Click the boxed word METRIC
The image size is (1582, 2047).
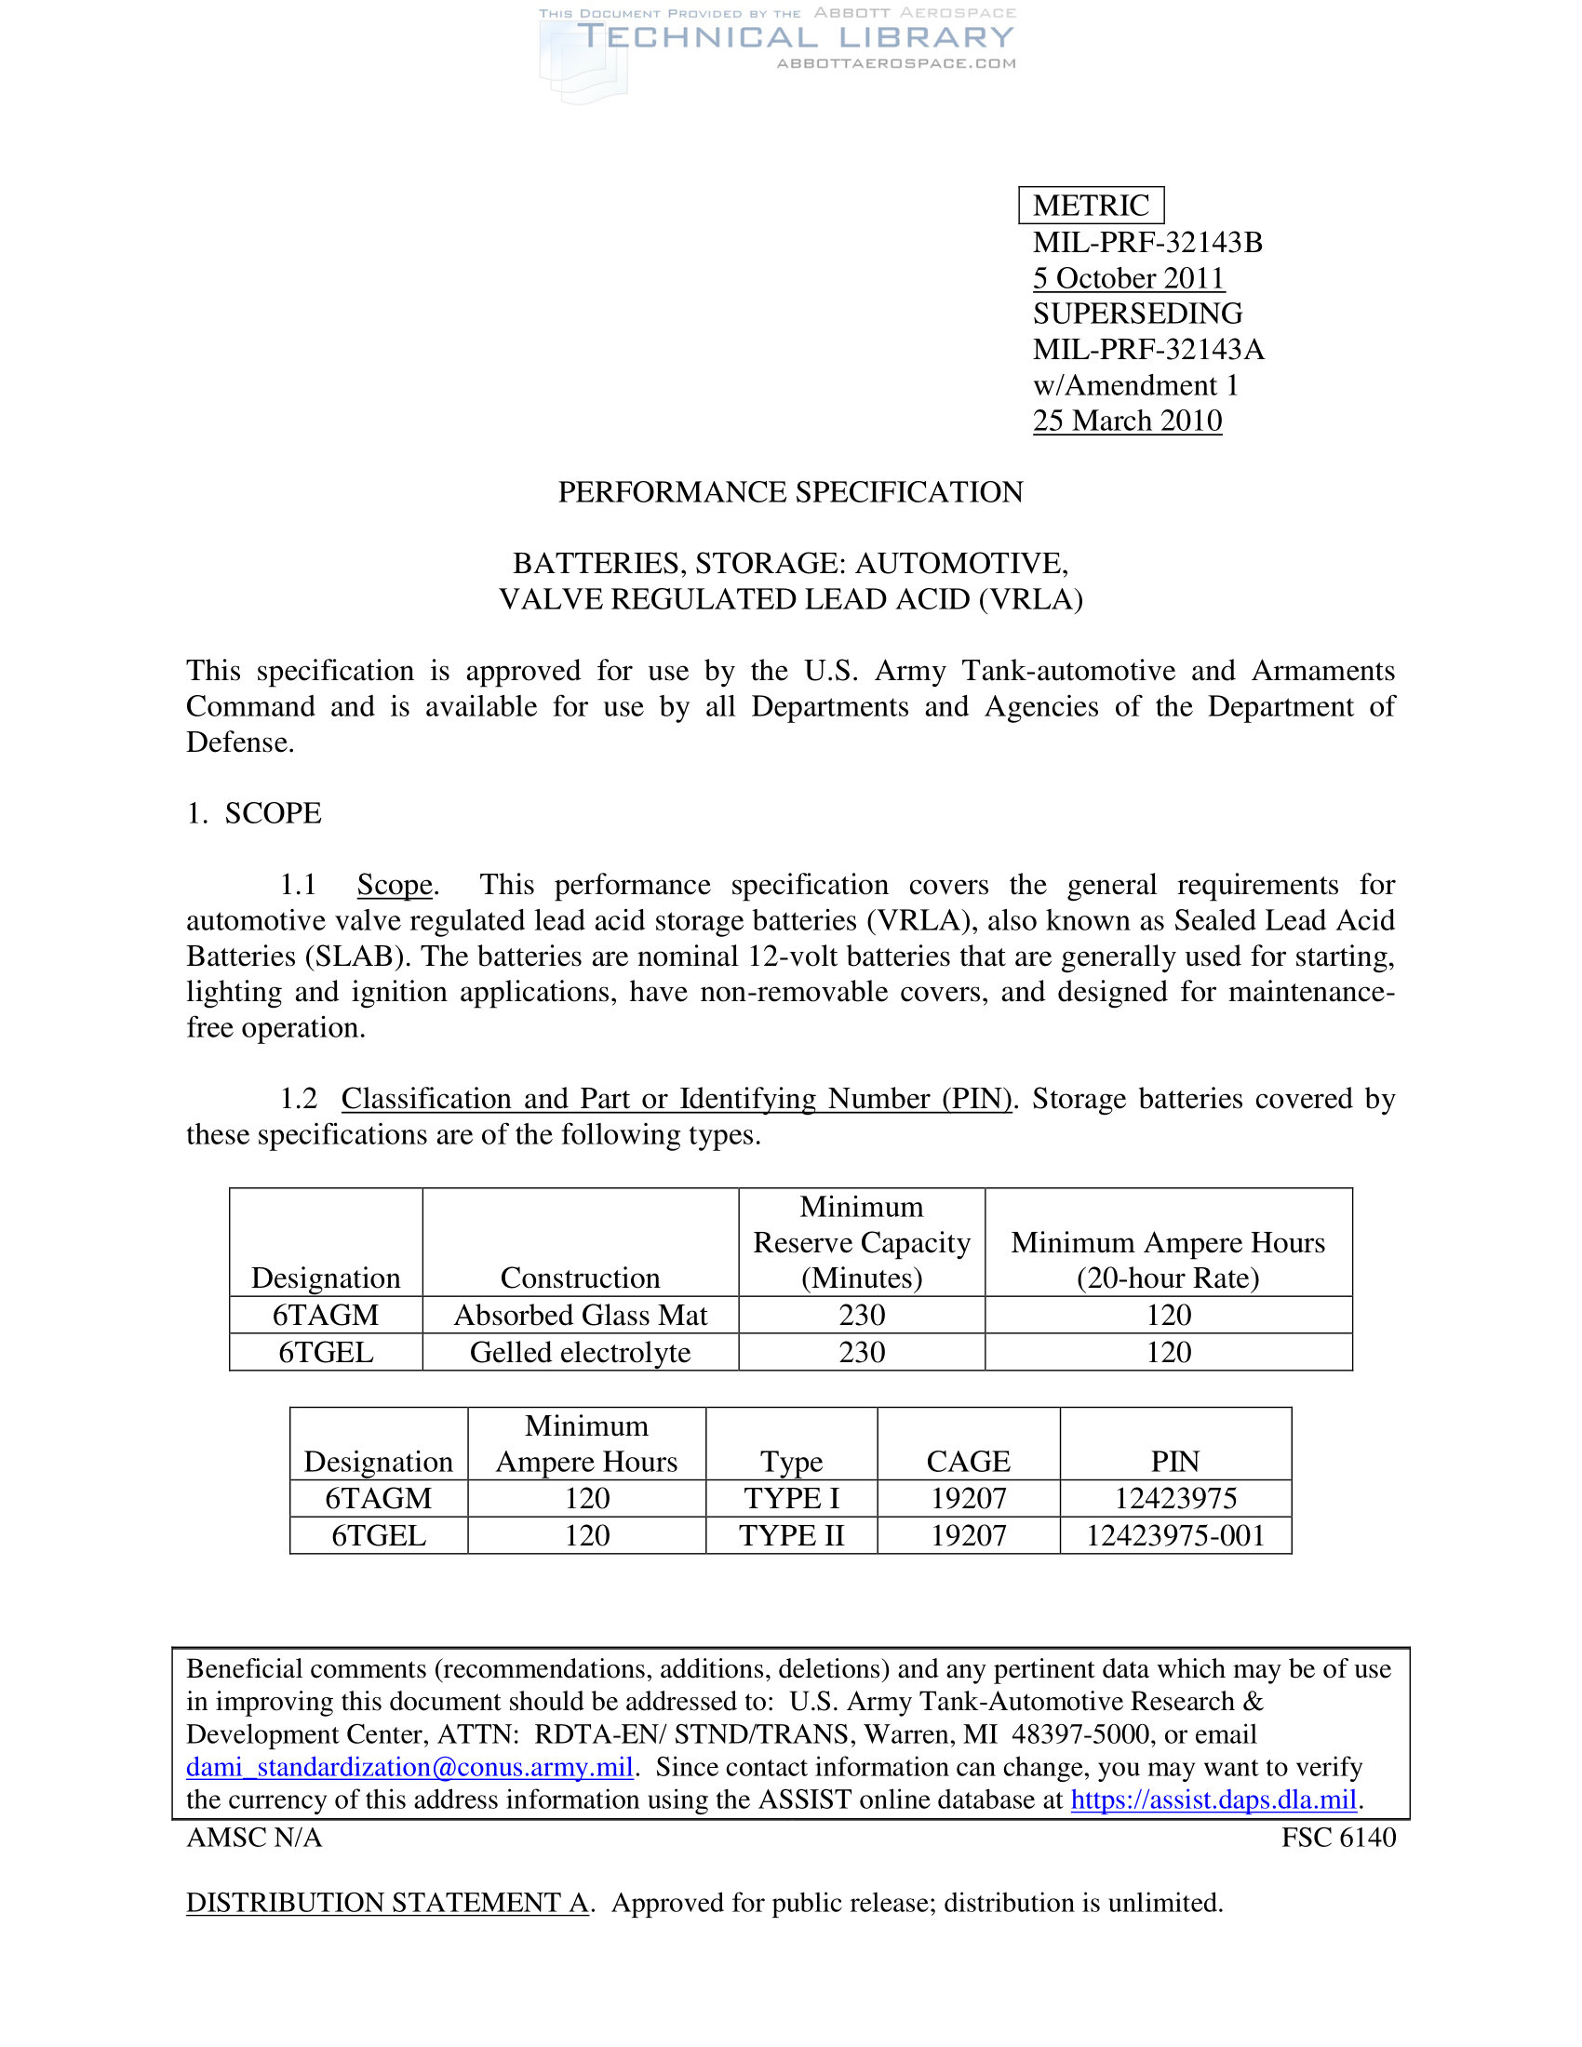[x=1090, y=206]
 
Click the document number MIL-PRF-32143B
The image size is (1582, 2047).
[x=1147, y=242]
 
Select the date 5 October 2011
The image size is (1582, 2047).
[x=1129, y=278]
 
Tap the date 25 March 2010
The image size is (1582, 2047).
[x=1128, y=421]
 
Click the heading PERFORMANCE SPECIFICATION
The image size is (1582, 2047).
[x=790, y=492]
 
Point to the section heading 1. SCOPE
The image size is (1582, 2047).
[x=254, y=812]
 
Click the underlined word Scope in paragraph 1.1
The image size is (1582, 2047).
[x=395, y=885]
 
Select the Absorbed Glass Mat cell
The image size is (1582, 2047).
[x=580, y=1315]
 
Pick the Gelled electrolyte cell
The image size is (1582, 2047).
[x=580, y=1352]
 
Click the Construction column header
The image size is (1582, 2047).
[x=580, y=1278]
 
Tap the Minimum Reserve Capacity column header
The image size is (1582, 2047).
[x=862, y=1242]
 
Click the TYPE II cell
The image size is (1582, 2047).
[x=791, y=1535]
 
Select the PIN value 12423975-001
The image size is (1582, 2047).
[x=1175, y=1535]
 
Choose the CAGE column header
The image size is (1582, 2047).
[x=968, y=1461]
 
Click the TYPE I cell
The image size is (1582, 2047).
[x=791, y=1498]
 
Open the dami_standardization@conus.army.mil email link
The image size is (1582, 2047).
[x=409, y=1767]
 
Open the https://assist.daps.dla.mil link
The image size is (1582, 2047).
[x=1213, y=1799]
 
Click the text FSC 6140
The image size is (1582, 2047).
[x=1338, y=1837]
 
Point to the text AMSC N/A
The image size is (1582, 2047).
[x=254, y=1837]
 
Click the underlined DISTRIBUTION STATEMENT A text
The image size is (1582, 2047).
[x=387, y=1903]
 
